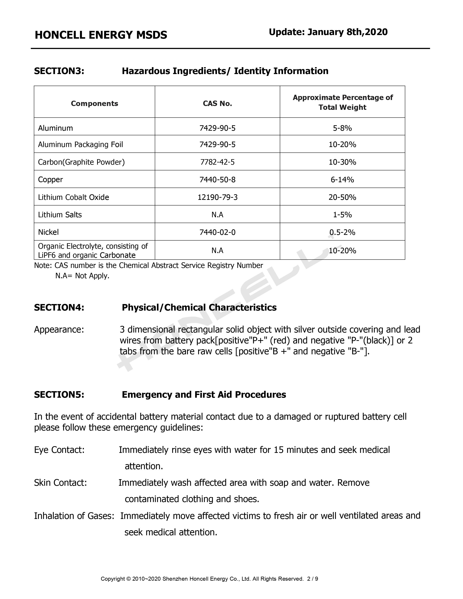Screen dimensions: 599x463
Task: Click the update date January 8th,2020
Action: [x=328, y=32]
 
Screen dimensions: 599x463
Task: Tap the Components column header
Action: [x=94, y=103]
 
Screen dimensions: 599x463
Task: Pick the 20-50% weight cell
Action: [x=342, y=197]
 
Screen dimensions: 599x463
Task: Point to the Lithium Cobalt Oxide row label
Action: [x=74, y=197]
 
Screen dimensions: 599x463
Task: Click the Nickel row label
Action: [x=48, y=232]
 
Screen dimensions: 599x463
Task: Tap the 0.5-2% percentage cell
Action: [x=342, y=232]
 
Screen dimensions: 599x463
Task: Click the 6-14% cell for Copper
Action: [x=342, y=180]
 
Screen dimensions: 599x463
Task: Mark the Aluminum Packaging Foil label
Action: [x=80, y=144]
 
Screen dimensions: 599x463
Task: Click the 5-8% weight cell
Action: [x=342, y=128]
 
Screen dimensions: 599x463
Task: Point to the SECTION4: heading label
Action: [x=59, y=307]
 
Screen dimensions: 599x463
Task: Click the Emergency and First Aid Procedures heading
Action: [x=204, y=394]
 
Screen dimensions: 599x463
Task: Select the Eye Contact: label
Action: [x=59, y=450]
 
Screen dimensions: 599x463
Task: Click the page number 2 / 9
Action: [x=312, y=579]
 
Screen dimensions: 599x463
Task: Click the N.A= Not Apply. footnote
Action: [x=82, y=276]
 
